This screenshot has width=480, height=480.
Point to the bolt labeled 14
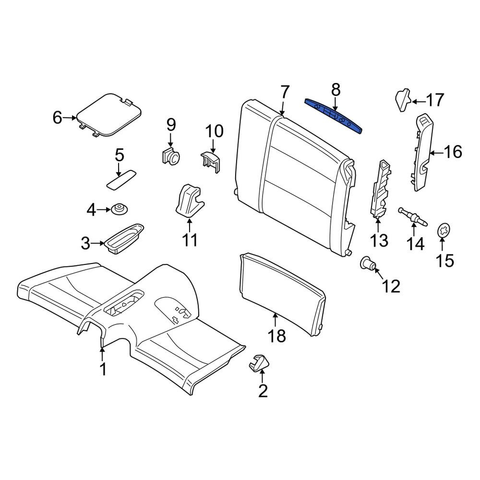tap(413, 217)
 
